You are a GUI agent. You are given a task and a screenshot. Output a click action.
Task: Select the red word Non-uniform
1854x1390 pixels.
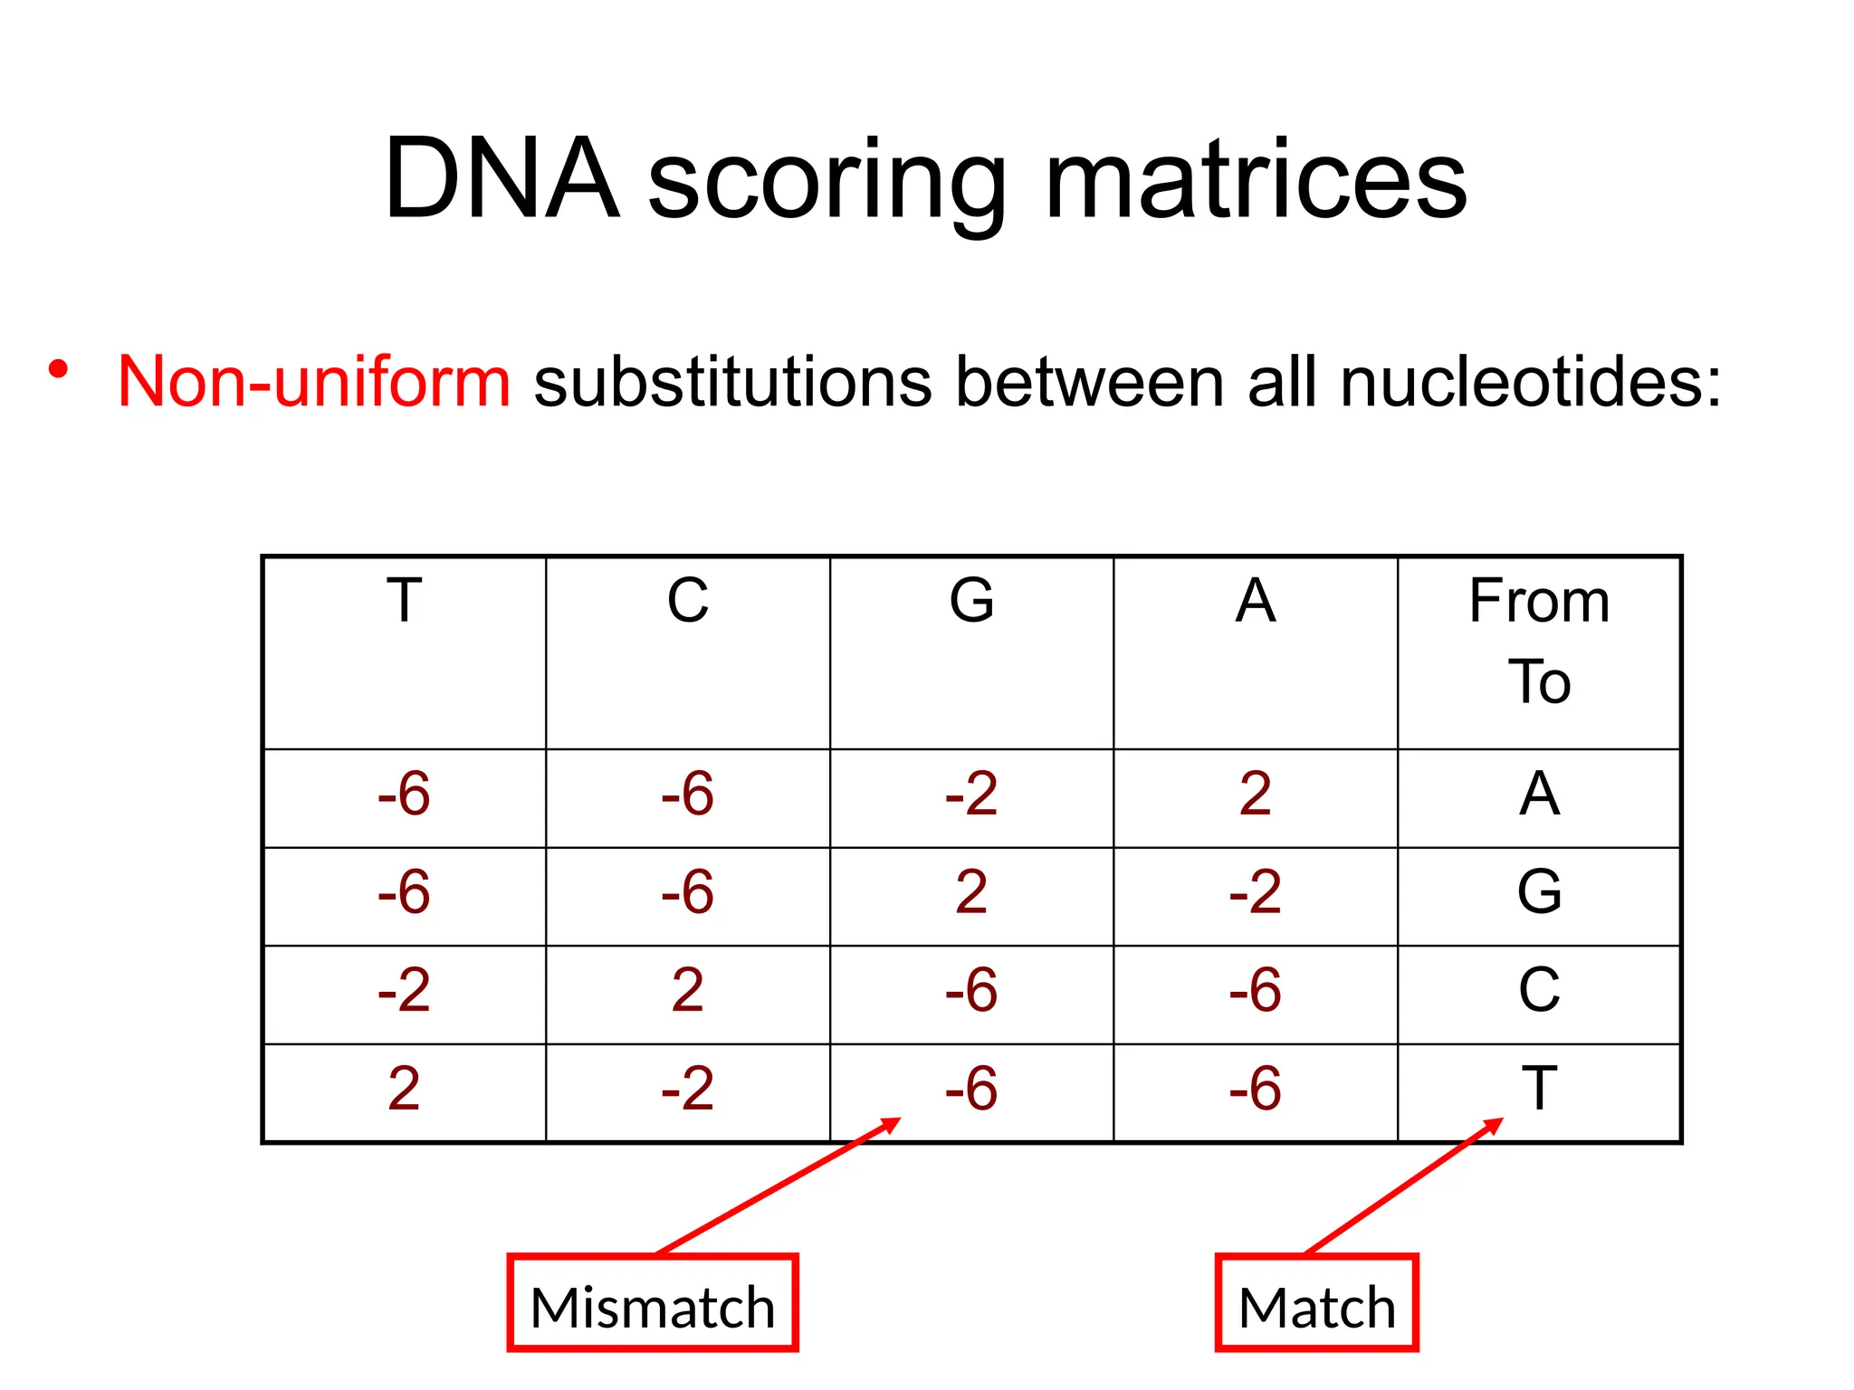tap(314, 382)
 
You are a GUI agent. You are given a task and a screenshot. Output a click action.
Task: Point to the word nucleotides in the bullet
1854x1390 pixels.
tap(1530, 382)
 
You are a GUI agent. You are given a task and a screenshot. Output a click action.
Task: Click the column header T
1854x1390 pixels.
tap(404, 601)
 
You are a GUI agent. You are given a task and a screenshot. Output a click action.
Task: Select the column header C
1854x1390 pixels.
tap(687, 601)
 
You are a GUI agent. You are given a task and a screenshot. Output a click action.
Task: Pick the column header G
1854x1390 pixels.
tap(971, 601)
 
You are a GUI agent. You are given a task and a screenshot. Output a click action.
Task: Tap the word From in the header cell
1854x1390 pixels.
tap(1539, 601)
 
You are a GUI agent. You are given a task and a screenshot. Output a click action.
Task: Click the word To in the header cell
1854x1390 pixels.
tap(1539, 681)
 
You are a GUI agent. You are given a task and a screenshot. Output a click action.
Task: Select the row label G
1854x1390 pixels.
tap(1539, 892)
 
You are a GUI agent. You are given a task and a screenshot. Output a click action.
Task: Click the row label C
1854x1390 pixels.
tap(1539, 990)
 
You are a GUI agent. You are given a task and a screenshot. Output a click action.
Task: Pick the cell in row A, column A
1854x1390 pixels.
tap(1255, 795)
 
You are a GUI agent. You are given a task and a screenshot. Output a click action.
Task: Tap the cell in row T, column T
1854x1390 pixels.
tap(404, 1089)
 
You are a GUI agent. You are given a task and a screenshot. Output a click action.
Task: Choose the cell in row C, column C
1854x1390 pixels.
tap(687, 990)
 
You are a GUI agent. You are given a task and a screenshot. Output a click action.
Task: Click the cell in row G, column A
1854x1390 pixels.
tap(1255, 892)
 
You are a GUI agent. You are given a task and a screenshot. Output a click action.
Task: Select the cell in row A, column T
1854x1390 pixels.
tap(404, 795)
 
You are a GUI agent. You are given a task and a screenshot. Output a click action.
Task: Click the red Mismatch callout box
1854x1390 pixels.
tap(652, 1303)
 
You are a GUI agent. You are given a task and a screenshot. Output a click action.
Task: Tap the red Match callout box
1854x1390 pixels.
tap(1316, 1303)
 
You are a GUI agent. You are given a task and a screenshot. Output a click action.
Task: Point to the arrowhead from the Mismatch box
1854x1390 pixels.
tap(893, 1123)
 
